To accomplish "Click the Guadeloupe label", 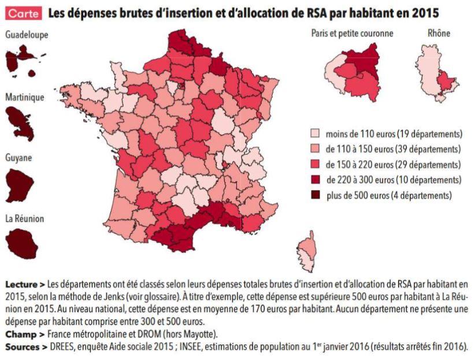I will [x=27, y=35].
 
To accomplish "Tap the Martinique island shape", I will [x=20, y=119].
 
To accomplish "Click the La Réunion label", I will [x=24, y=219].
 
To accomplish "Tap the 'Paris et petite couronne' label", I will [x=352, y=34].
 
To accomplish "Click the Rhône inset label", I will [x=439, y=34].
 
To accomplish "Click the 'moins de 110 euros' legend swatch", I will [x=316, y=133].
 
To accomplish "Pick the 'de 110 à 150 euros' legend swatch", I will [x=316, y=149].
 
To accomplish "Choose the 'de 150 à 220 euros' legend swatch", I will [x=316, y=164].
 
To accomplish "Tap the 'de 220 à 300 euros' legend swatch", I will [x=316, y=180].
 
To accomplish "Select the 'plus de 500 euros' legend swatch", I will [x=316, y=195].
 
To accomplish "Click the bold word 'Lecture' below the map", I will [x=21, y=285].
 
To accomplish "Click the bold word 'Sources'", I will [x=21, y=347].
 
